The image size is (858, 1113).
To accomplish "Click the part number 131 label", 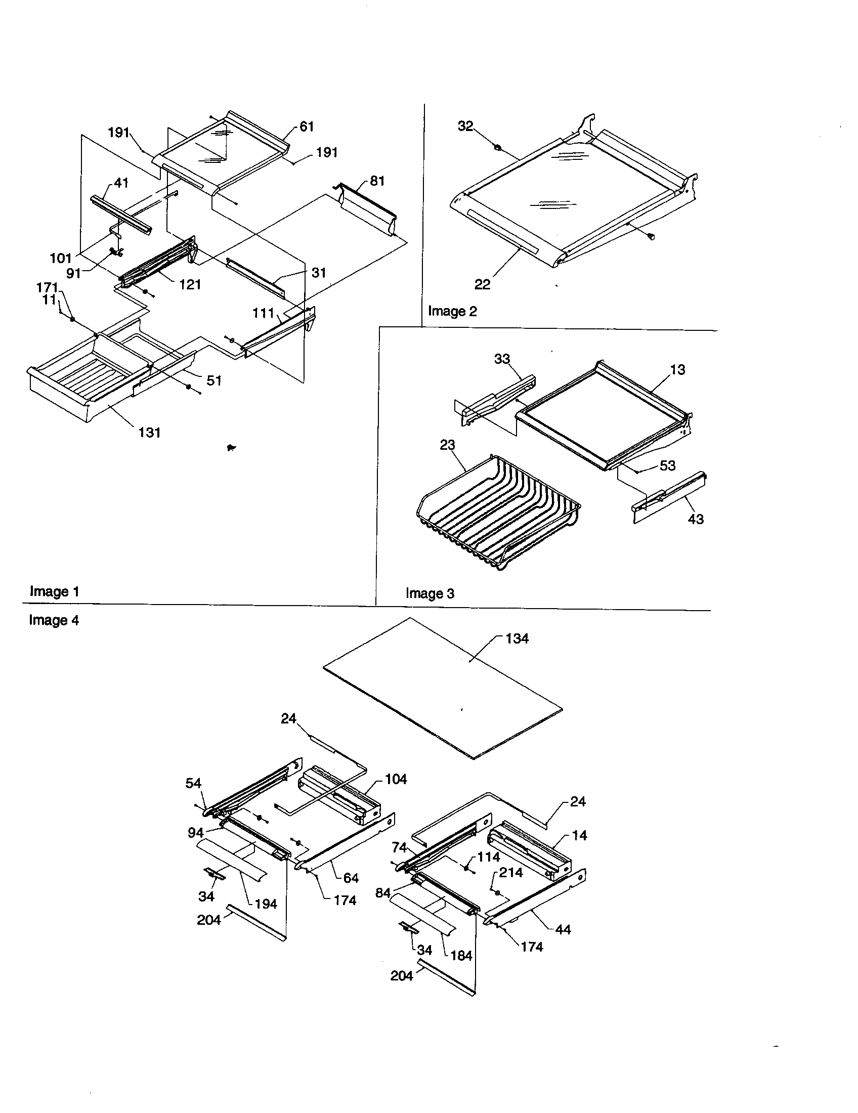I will [x=149, y=433].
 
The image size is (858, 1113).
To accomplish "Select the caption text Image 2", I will [x=452, y=311].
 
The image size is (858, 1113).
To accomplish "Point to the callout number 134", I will [x=517, y=638].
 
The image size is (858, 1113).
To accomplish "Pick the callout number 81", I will [x=377, y=181].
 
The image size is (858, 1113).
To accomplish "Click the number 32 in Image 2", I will [x=465, y=126].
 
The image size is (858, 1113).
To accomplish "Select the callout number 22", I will [x=482, y=285].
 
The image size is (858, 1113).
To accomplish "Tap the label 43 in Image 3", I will [x=696, y=519].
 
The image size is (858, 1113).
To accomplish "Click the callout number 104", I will [x=396, y=779].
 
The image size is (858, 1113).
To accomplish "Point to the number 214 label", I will [x=510, y=873].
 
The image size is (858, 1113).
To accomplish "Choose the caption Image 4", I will [x=54, y=620].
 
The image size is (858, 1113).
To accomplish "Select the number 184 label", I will [x=461, y=956].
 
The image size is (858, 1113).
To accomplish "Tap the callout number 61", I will [x=307, y=126].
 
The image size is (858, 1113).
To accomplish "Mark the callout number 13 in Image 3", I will [x=677, y=369].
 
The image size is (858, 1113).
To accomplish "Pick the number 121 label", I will [x=190, y=284].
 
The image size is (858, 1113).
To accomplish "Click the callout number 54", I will [x=193, y=783].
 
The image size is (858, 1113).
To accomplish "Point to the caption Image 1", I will [x=55, y=592].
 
